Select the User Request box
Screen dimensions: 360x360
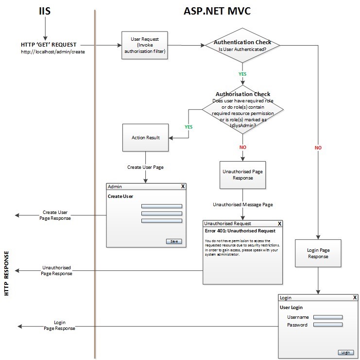(144, 45)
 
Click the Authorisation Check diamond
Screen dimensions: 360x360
(242, 110)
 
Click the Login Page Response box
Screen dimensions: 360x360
(318, 253)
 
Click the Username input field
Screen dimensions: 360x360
(328, 317)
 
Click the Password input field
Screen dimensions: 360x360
(328, 325)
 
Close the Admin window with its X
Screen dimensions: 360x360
(183, 186)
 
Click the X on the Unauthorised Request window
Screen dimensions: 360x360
(279, 224)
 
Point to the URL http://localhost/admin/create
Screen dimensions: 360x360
(53, 51)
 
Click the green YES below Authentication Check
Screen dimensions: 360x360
(242, 74)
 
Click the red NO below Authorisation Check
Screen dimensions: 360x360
(242, 147)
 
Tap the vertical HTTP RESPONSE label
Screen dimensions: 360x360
(7, 274)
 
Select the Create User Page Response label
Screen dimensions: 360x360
(55, 215)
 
